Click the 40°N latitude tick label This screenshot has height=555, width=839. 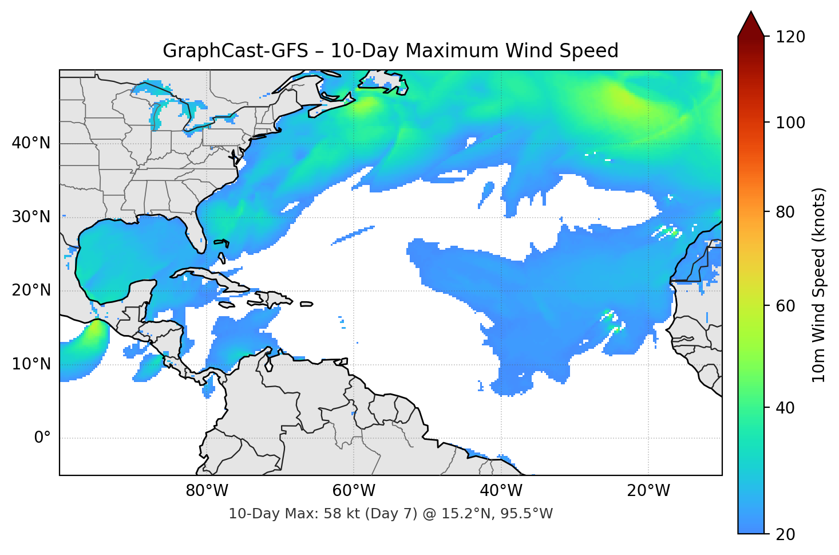click(x=31, y=143)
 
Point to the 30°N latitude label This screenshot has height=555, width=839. click(x=31, y=217)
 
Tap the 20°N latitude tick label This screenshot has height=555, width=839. click(x=31, y=290)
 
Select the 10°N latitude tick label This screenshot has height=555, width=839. click(x=31, y=364)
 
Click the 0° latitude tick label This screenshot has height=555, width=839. click(x=42, y=438)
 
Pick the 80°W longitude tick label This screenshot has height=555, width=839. click(x=207, y=491)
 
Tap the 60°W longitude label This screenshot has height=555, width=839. click(x=354, y=491)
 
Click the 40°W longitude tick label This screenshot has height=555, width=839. click(x=501, y=491)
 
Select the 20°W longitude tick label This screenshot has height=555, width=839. click(x=648, y=491)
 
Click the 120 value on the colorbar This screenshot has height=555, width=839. click(x=790, y=37)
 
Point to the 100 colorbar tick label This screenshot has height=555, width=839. click(x=790, y=123)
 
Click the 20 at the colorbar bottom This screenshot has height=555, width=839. click(x=785, y=534)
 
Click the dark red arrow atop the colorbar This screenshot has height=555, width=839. click(x=751, y=26)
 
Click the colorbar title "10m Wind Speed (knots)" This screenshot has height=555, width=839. click(x=819, y=285)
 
